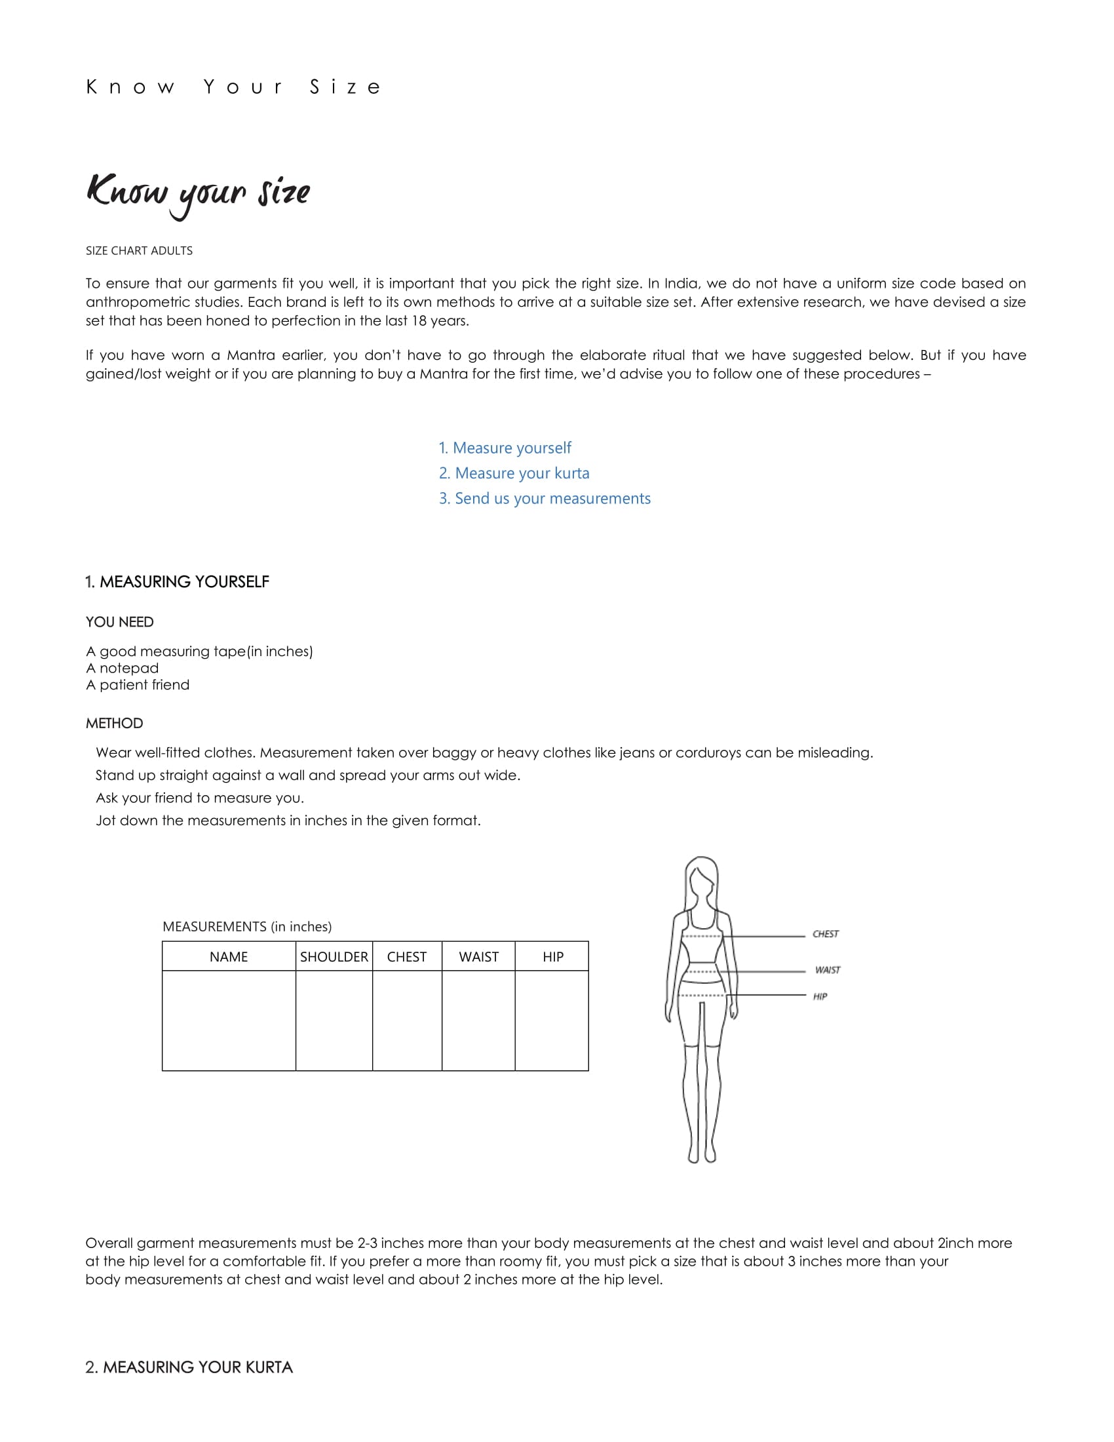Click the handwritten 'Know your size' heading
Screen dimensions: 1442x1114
click(198, 193)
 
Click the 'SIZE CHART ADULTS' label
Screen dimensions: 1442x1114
click(139, 251)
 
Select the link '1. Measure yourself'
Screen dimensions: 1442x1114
click(505, 448)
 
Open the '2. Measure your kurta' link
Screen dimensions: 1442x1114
click(514, 473)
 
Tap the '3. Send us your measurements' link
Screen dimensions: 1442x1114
click(545, 499)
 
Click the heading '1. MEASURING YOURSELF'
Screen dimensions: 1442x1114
click(177, 581)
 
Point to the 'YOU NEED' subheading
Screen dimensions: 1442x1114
click(119, 622)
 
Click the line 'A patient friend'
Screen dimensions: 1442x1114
click(137, 685)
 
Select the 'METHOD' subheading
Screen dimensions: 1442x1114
click(114, 723)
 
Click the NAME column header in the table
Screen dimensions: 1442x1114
click(228, 957)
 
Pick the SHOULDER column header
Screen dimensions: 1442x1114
click(334, 957)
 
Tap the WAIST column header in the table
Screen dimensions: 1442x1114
click(478, 957)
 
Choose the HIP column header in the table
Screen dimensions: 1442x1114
click(553, 957)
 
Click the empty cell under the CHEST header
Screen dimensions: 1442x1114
click(407, 1020)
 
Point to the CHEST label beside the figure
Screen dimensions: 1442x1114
click(826, 934)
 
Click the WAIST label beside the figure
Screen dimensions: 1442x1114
click(828, 970)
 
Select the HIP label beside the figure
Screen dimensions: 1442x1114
click(820, 996)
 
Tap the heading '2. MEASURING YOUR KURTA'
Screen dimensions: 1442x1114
click(189, 1367)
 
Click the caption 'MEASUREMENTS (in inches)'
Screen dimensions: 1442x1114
click(247, 927)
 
